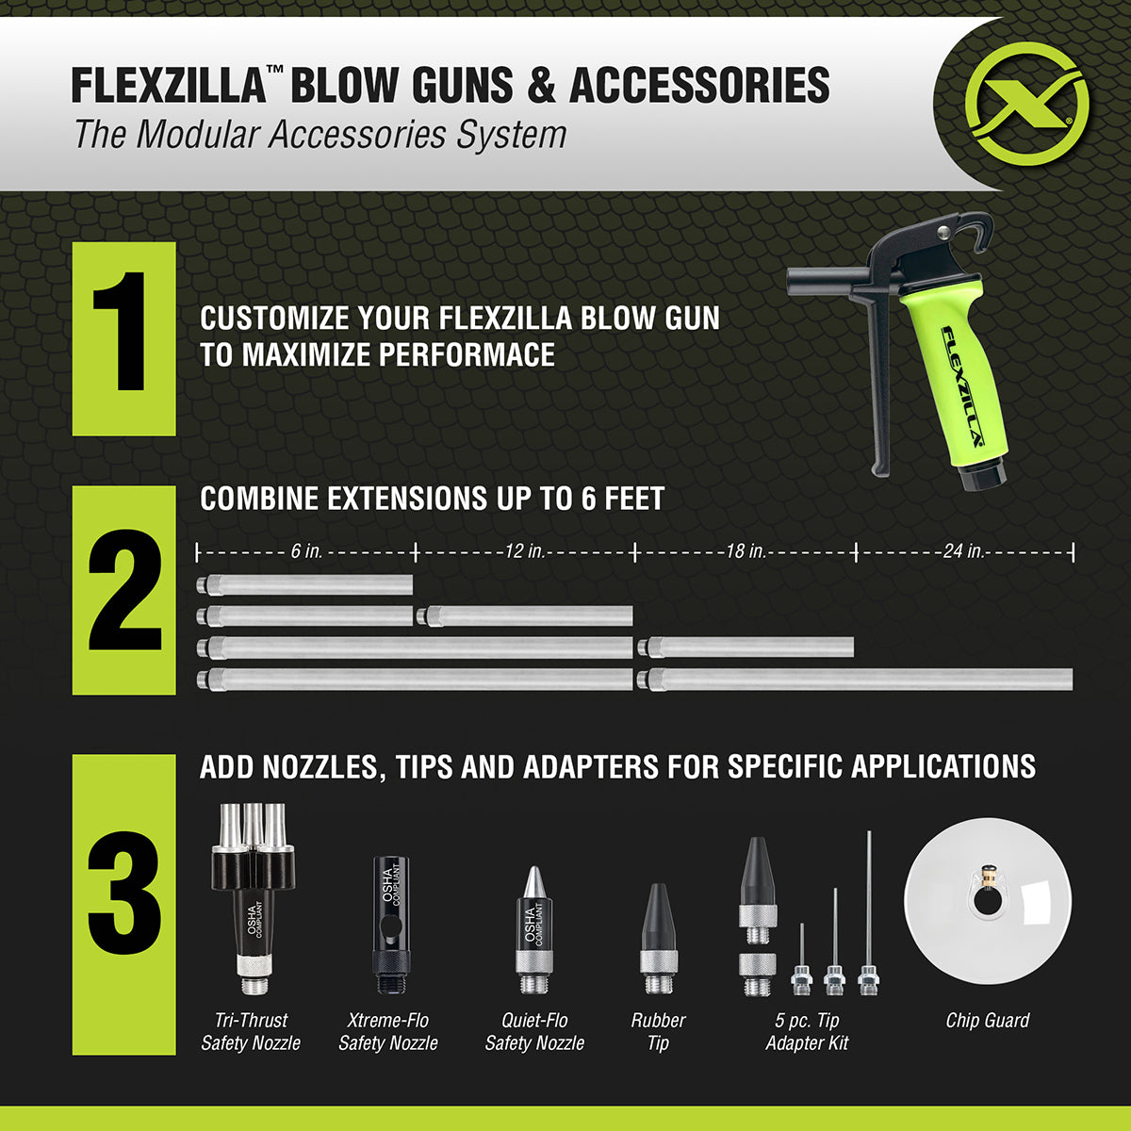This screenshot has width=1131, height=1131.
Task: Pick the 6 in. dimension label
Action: [x=306, y=551]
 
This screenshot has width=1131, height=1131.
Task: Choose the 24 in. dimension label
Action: [x=963, y=551]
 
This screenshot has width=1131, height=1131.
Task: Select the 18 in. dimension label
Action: [x=745, y=551]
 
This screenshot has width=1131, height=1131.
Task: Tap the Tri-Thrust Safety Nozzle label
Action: [x=251, y=1031]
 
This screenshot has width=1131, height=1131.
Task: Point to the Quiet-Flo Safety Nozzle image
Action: [x=534, y=928]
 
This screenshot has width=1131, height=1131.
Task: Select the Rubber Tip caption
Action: [x=658, y=1031]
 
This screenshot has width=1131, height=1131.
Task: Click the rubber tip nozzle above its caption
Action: [x=658, y=938]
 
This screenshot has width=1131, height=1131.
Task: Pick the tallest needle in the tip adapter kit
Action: [x=868, y=905]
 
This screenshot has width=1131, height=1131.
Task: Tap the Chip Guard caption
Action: [x=988, y=1021]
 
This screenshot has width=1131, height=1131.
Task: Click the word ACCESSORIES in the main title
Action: [x=698, y=85]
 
